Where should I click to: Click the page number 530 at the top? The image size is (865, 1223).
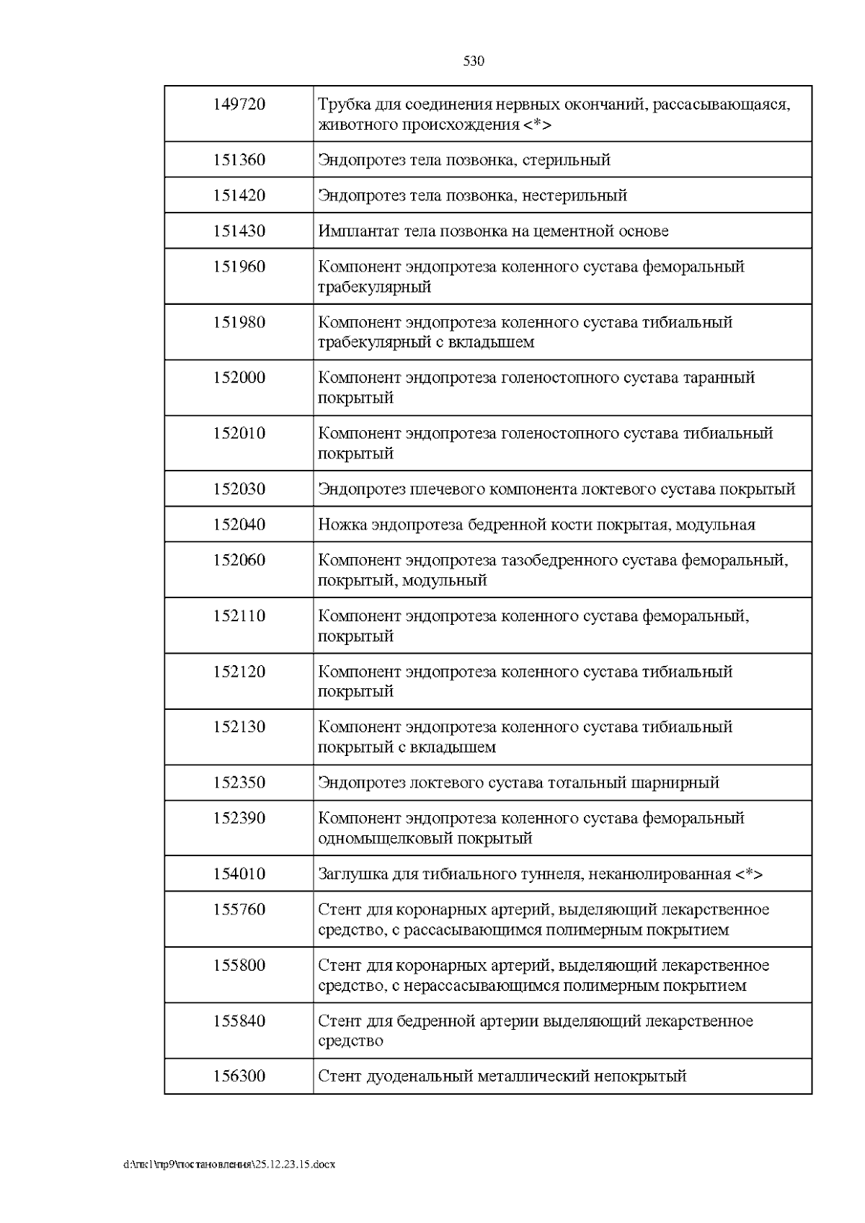(x=473, y=61)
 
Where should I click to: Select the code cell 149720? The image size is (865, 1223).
(x=239, y=104)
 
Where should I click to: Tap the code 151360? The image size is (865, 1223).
(x=239, y=160)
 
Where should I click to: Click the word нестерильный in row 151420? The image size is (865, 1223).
(x=573, y=195)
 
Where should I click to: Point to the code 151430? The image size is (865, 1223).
(x=239, y=231)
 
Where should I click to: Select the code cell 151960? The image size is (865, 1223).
(x=239, y=267)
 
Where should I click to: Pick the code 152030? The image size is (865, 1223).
(x=239, y=489)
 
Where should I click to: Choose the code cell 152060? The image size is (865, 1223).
(x=239, y=560)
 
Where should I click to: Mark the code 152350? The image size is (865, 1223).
(x=239, y=783)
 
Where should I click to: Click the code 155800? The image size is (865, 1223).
(x=239, y=965)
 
